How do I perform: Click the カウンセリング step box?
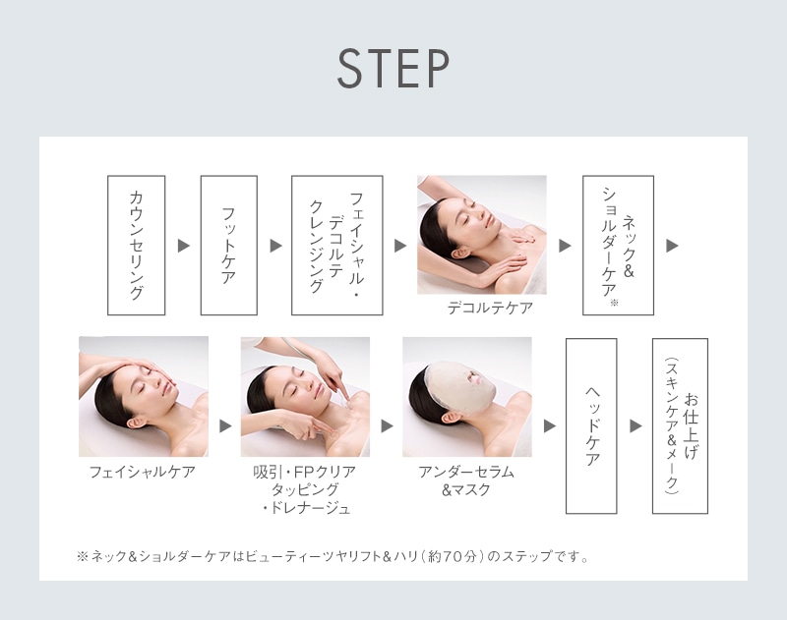(136, 246)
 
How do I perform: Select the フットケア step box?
(228, 246)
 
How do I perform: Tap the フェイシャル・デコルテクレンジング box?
(336, 246)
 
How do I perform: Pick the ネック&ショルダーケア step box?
(618, 246)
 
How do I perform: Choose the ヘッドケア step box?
(591, 425)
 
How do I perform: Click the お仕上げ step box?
(680, 425)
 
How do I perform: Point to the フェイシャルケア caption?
(143, 472)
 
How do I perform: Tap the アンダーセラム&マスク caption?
(466, 480)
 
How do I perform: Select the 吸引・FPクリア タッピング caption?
(305, 489)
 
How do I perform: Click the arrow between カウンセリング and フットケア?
(183, 246)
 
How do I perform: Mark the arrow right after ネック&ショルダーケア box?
(672, 246)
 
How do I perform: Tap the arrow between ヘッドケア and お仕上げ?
(636, 426)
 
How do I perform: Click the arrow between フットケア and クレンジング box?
(274, 246)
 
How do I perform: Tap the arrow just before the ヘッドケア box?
(549, 426)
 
